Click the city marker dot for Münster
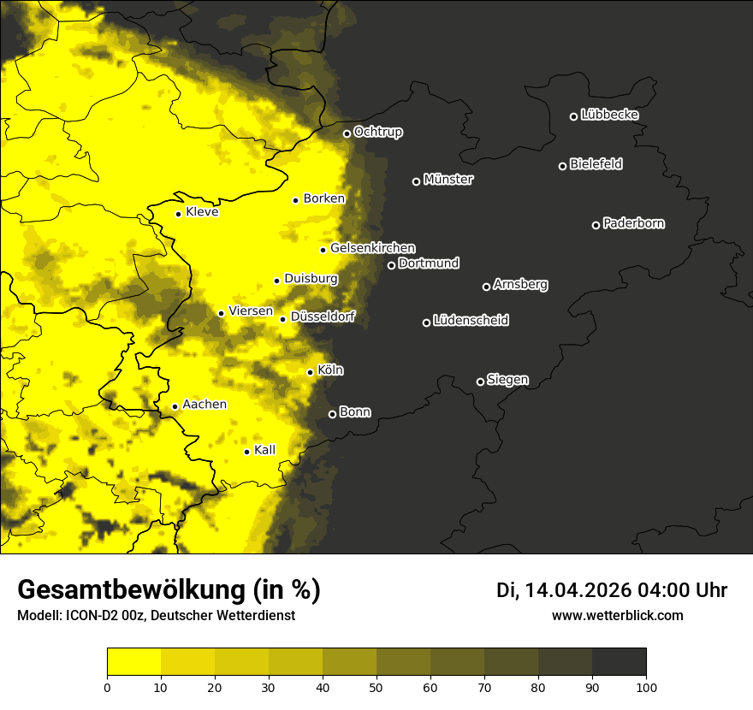(417, 181)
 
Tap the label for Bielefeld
(596, 164)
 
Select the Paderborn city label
(633, 223)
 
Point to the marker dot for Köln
(311, 372)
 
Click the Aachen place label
(205, 405)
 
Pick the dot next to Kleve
(178, 214)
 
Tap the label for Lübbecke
(609, 115)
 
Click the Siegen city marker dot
(480, 382)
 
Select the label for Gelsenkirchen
(372, 248)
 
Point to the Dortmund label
(429, 263)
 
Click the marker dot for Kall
(246, 452)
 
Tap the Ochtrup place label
(377, 132)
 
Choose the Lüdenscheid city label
(471, 321)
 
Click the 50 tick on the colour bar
(376, 687)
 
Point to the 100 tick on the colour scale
(645, 687)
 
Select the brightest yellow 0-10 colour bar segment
(134, 662)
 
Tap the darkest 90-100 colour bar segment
(619, 662)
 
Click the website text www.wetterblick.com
(617, 615)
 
